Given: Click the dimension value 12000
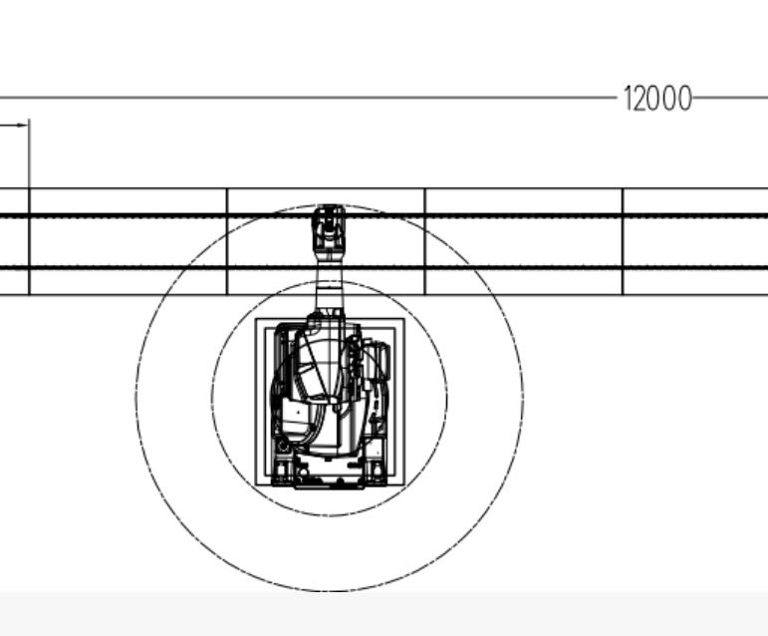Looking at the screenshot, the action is click(x=657, y=99).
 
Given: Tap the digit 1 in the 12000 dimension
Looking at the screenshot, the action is click(x=628, y=99).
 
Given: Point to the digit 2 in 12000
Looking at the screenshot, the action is click(x=640, y=99).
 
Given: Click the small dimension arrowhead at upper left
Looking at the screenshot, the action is click(x=23, y=125).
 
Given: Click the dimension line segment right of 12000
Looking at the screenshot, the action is click(x=730, y=98).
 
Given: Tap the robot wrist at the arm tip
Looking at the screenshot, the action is click(x=329, y=229).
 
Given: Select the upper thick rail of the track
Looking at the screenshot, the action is click(x=384, y=215).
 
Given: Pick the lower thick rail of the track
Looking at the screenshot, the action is click(x=384, y=268).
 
